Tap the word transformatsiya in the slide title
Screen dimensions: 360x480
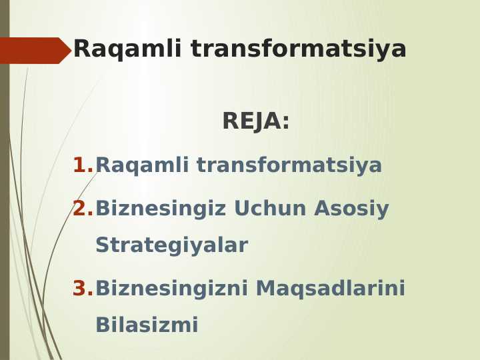coord(298,49)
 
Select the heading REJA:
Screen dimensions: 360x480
coord(255,121)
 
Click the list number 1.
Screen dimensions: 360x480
coord(81,165)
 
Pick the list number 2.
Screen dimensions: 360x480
coord(82,209)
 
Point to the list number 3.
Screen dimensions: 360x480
coord(82,289)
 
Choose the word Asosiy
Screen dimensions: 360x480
coord(351,209)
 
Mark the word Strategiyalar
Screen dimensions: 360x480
coord(171,245)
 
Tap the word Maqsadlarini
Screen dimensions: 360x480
coord(330,289)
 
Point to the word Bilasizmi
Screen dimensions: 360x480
coord(147,325)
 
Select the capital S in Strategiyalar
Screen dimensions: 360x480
coord(102,245)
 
